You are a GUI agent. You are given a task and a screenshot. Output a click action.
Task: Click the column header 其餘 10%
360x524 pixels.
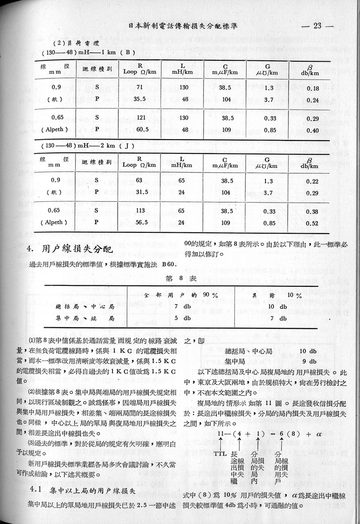coord(277,295)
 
